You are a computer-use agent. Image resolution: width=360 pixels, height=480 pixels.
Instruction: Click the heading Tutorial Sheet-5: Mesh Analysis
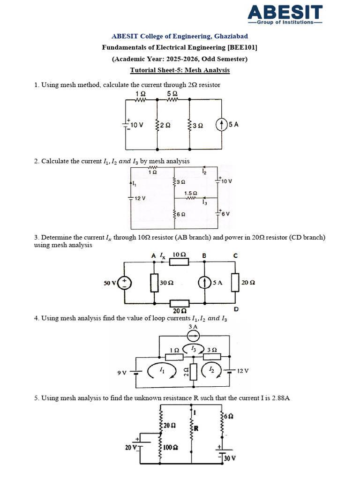pyautogui.click(x=180, y=70)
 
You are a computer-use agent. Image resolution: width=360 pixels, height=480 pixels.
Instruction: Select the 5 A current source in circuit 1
pyautogui.click(x=221, y=125)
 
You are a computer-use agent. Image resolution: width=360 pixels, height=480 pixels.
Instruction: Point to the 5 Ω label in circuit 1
pyautogui.click(x=172, y=93)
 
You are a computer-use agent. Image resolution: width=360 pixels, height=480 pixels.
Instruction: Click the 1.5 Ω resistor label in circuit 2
pyautogui.click(x=190, y=193)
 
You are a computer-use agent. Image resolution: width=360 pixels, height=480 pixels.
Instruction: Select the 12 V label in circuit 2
pyautogui.click(x=140, y=198)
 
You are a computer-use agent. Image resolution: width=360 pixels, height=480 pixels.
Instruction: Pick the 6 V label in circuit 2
pyautogui.click(x=225, y=214)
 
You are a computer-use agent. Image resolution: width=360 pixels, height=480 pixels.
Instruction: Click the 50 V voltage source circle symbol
pyautogui.click(x=125, y=283)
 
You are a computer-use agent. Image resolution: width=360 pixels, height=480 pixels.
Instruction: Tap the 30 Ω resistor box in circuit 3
pyautogui.click(x=154, y=283)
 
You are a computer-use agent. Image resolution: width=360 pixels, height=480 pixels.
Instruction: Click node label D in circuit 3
pyautogui.click(x=236, y=310)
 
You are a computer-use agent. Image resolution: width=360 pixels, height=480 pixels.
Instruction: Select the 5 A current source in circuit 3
pyautogui.click(x=205, y=283)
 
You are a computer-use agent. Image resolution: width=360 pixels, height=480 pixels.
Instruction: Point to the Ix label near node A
pyautogui.click(x=163, y=256)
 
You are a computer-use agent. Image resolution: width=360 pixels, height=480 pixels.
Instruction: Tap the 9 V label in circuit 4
pyautogui.click(x=122, y=373)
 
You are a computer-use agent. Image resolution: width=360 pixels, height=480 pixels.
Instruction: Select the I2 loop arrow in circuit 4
pyautogui.click(x=209, y=371)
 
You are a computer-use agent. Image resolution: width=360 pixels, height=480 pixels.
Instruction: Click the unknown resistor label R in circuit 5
pyautogui.click(x=196, y=427)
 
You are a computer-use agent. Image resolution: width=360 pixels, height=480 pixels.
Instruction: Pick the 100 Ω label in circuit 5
pyautogui.click(x=171, y=447)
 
